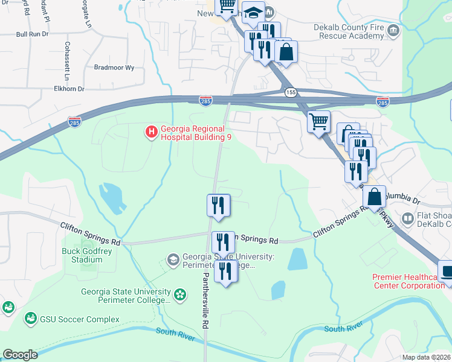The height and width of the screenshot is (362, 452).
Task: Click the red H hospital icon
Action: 152,131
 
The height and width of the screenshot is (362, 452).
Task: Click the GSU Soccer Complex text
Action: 79,319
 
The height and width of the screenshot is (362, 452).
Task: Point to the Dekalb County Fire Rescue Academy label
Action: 349,31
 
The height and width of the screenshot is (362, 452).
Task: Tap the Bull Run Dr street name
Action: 33,34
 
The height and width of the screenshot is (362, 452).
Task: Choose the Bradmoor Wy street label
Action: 114,68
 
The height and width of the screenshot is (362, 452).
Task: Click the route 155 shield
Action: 291,92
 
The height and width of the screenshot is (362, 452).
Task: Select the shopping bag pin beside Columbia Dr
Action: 374,197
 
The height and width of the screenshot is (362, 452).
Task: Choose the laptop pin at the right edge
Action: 447,271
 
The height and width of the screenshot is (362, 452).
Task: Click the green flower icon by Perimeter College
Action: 179,294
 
